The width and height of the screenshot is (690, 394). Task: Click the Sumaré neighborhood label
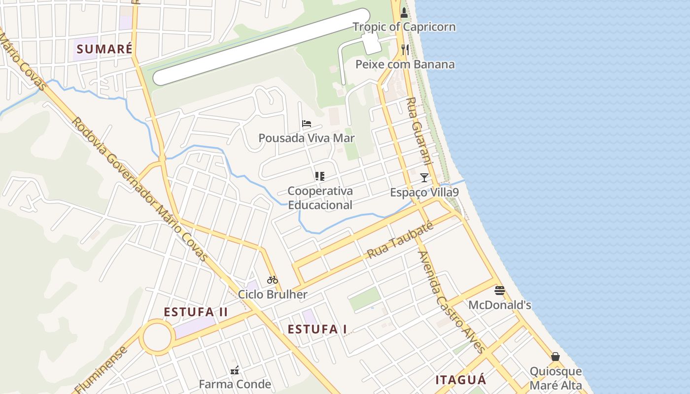[104, 49]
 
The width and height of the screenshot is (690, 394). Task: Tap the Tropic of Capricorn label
[404, 27]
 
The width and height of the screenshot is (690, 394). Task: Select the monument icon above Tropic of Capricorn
[404, 12]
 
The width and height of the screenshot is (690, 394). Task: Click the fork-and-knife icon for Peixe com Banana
[405, 49]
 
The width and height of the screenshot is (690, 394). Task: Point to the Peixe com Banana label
[405, 65]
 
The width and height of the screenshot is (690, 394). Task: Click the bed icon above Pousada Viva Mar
[307, 124]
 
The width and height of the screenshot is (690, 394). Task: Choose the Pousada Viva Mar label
[307, 138]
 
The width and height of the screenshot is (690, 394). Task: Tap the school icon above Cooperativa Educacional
[319, 176]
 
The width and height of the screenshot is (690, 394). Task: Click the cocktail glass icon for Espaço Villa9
[424, 177]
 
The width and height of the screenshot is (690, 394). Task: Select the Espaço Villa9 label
[424, 193]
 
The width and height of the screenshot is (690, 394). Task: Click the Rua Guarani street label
[419, 131]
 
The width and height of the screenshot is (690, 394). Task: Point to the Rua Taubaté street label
[400, 241]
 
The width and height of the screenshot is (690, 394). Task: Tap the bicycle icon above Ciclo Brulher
[273, 280]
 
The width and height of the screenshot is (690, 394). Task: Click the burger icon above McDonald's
[499, 290]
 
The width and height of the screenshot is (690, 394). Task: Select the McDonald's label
[499, 305]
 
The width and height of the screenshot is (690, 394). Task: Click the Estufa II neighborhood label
[196, 312]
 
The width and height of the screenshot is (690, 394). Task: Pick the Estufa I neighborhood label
[317, 329]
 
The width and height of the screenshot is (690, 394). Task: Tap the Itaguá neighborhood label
[461, 380]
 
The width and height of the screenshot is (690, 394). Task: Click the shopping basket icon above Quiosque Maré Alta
[555, 357]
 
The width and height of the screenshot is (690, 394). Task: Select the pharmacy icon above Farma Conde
[235, 370]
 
